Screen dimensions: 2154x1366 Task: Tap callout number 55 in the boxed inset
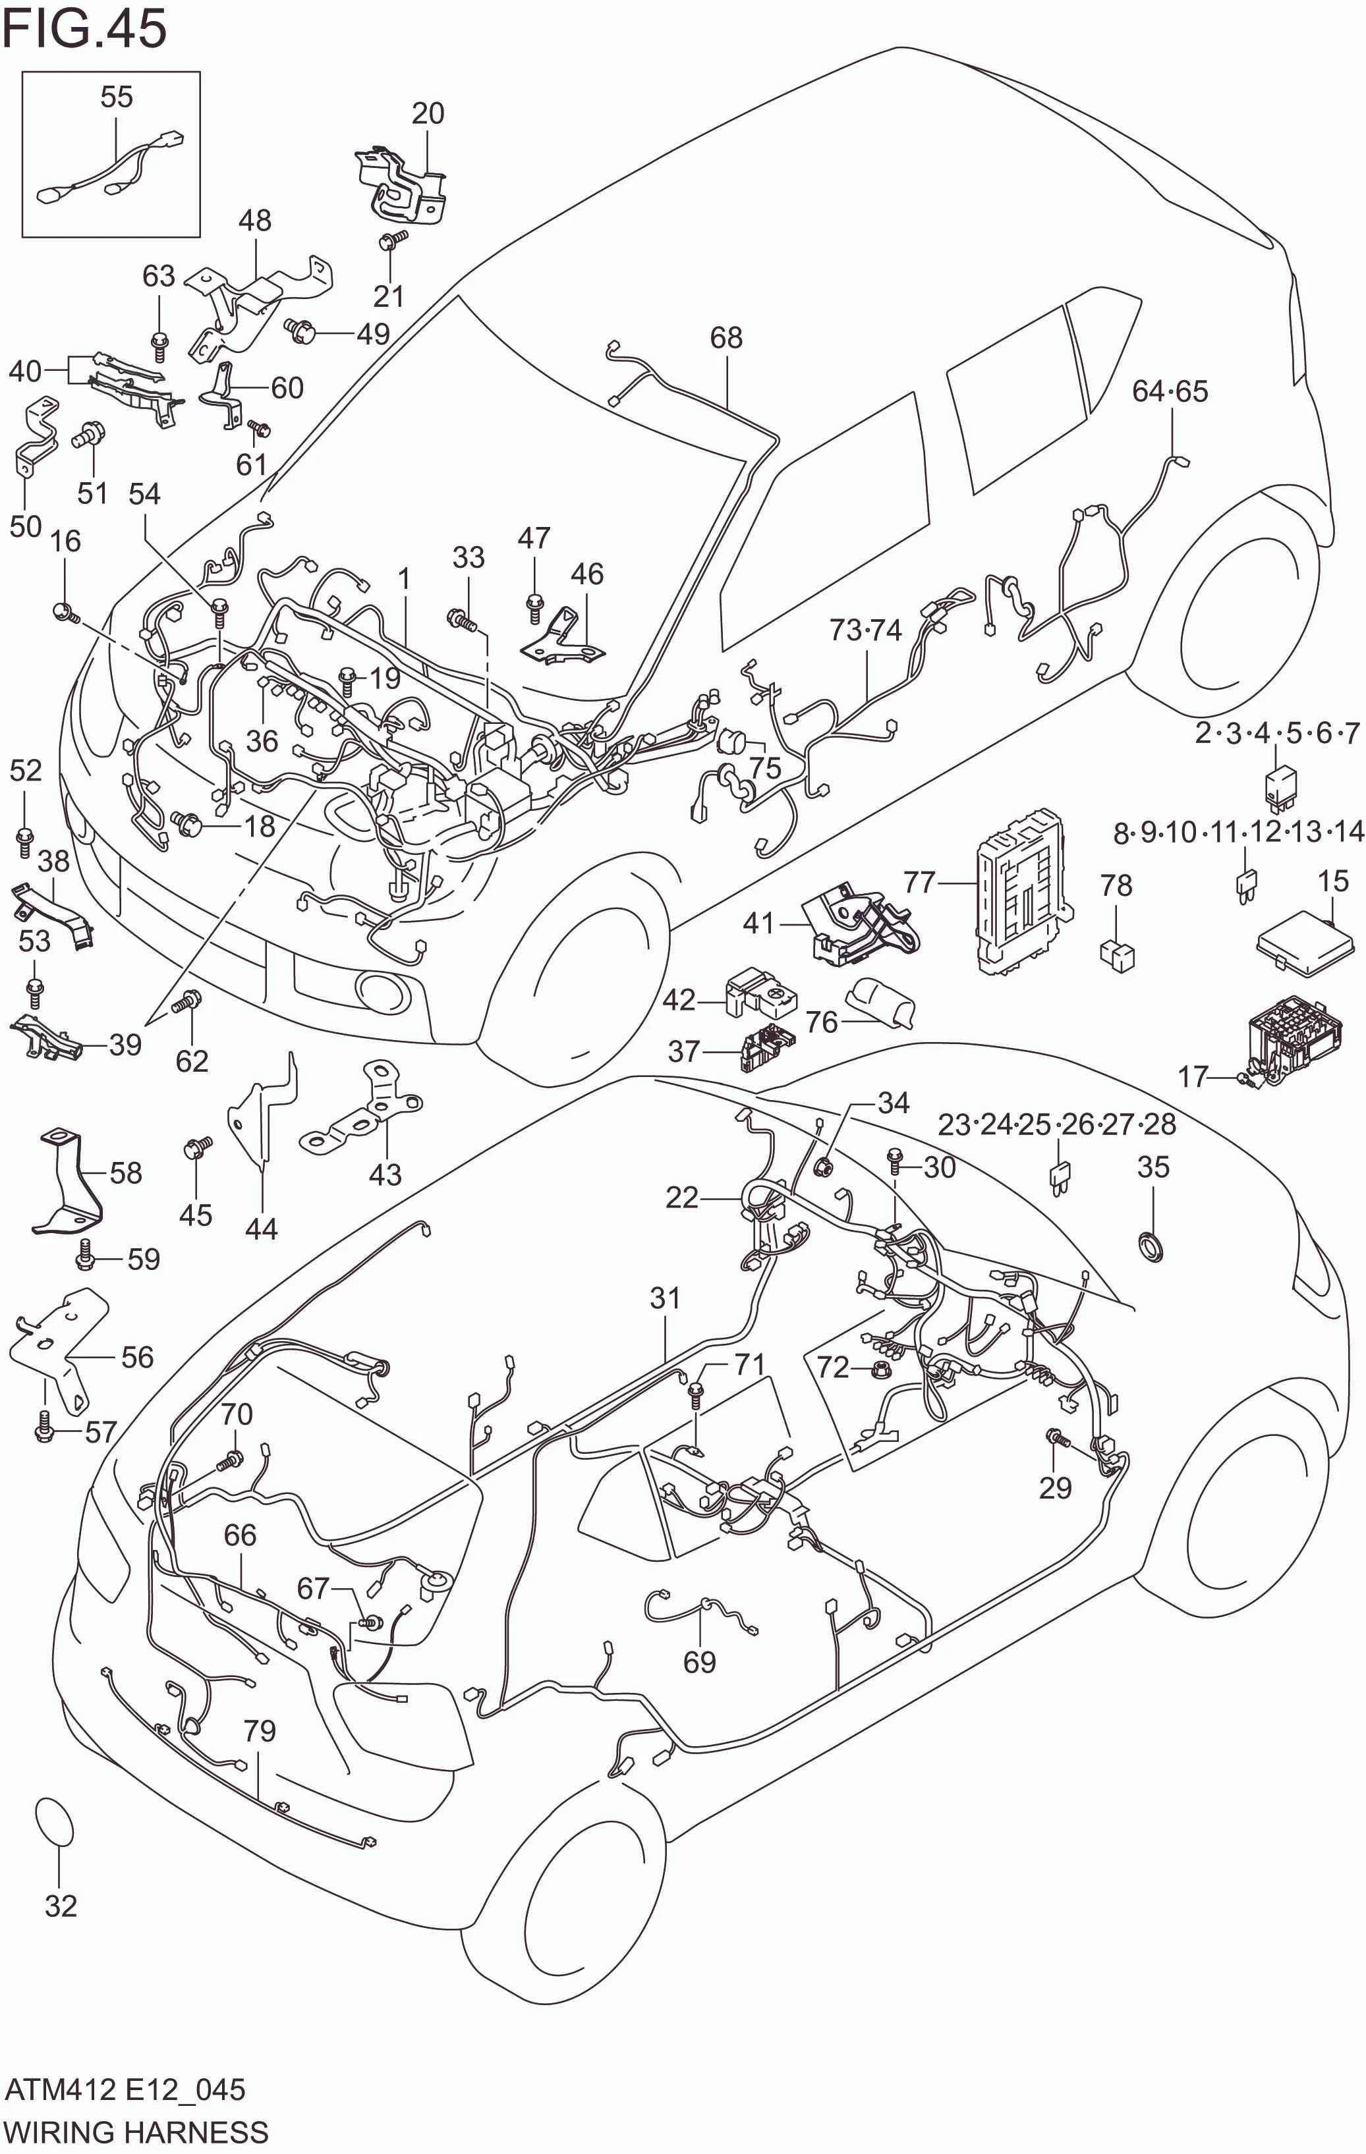[116, 97]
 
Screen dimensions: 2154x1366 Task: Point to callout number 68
[726, 337]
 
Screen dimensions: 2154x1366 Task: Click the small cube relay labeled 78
[1118, 954]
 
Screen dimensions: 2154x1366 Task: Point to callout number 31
[665, 1297]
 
